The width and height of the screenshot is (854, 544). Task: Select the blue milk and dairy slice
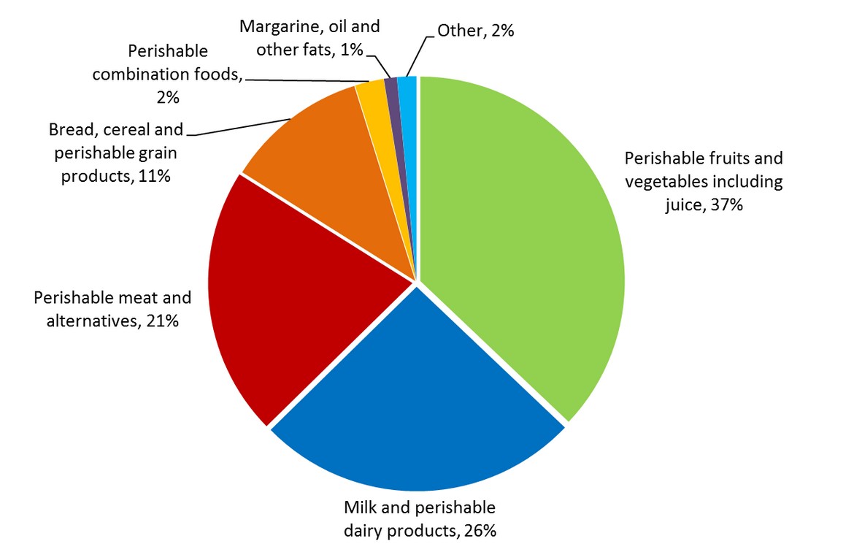point(416,409)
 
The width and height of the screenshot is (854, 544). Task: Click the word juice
point(683,206)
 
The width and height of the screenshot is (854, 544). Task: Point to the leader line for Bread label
point(241,126)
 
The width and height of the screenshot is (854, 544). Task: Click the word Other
point(458,31)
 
